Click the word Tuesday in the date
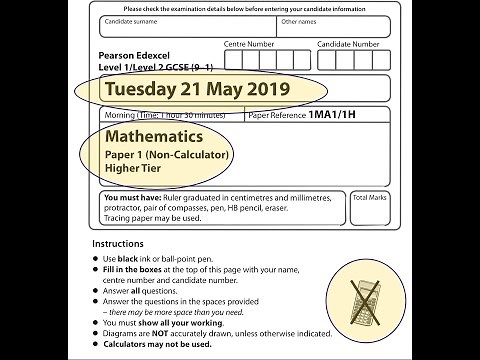[141, 89]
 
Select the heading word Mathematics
[154, 136]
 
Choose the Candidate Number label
[348, 45]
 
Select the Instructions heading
[117, 244]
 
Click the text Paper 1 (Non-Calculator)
[167, 154]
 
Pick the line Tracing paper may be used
[153, 218]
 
